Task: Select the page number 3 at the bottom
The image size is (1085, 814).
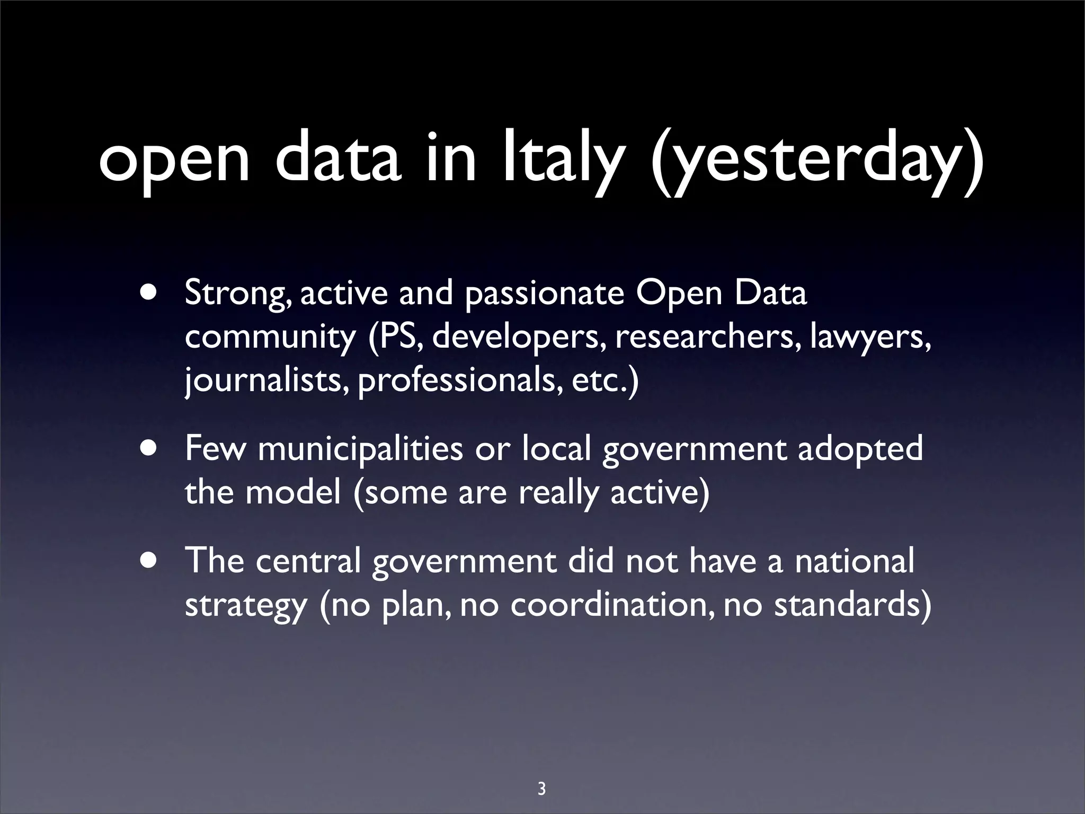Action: pyautogui.click(x=541, y=774)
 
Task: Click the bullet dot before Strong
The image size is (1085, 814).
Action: pyautogui.click(x=149, y=293)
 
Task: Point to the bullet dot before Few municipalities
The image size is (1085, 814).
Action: pyautogui.click(x=149, y=448)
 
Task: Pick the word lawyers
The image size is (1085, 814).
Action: pyautogui.click(x=869, y=338)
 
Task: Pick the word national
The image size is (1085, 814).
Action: pyautogui.click(x=854, y=561)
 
